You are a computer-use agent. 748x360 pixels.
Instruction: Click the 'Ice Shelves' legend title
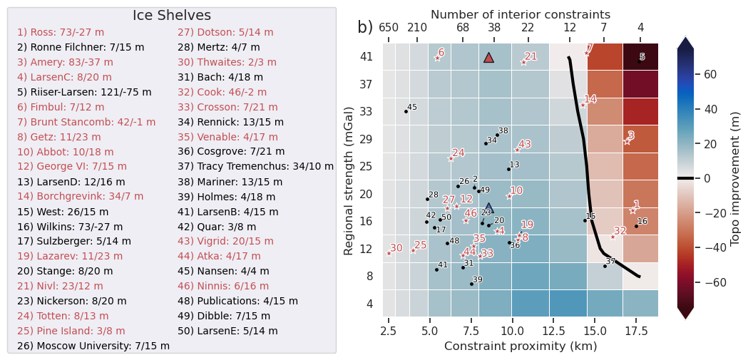tap(172, 16)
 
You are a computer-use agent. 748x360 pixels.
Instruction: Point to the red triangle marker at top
tap(488, 58)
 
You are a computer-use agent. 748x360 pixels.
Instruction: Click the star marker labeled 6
tap(437, 58)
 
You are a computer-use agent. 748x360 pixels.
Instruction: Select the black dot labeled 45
tap(406, 111)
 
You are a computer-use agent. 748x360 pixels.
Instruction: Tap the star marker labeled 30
tap(389, 253)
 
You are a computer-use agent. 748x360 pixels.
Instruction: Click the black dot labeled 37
tap(605, 266)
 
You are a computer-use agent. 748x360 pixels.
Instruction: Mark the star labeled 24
tap(451, 158)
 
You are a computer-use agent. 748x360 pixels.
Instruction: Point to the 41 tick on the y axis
tap(366, 56)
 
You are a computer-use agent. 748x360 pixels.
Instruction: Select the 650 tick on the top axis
tap(389, 28)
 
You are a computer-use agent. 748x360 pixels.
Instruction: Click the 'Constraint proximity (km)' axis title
tap(521, 346)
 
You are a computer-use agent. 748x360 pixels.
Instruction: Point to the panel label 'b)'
tap(365, 27)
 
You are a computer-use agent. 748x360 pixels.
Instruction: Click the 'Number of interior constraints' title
tap(521, 14)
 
